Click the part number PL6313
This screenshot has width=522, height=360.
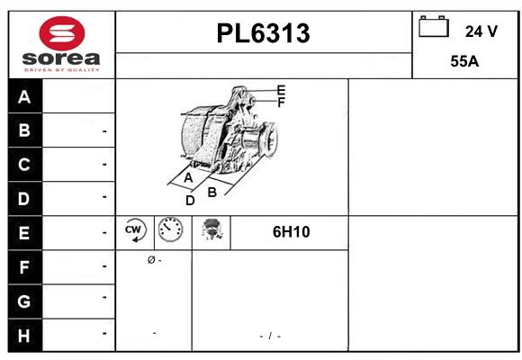pyautogui.click(x=263, y=34)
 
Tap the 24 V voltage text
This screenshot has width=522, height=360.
pyautogui.click(x=481, y=31)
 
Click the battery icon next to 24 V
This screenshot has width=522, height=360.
pyautogui.click(x=433, y=27)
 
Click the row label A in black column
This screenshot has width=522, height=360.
pyautogui.click(x=24, y=97)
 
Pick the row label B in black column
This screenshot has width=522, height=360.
pyautogui.click(x=24, y=130)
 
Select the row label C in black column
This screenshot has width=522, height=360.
pyautogui.click(x=24, y=165)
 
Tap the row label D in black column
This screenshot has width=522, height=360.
pyautogui.click(x=24, y=198)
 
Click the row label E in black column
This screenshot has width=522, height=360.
pyautogui.click(x=24, y=232)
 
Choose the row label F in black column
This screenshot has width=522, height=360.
pyautogui.click(x=24, y=266)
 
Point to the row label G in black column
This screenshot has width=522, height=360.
pyautogui.click(x=24, y=300)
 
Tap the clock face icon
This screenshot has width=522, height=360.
pyautogui.click(x=169, y=231)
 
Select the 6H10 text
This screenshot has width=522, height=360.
pyautogui.click(x=291, y=232)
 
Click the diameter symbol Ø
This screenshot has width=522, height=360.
pyautogui.click(x=150, y=260)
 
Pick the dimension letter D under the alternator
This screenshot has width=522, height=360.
pyautogui.click(x=190, y=201)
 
